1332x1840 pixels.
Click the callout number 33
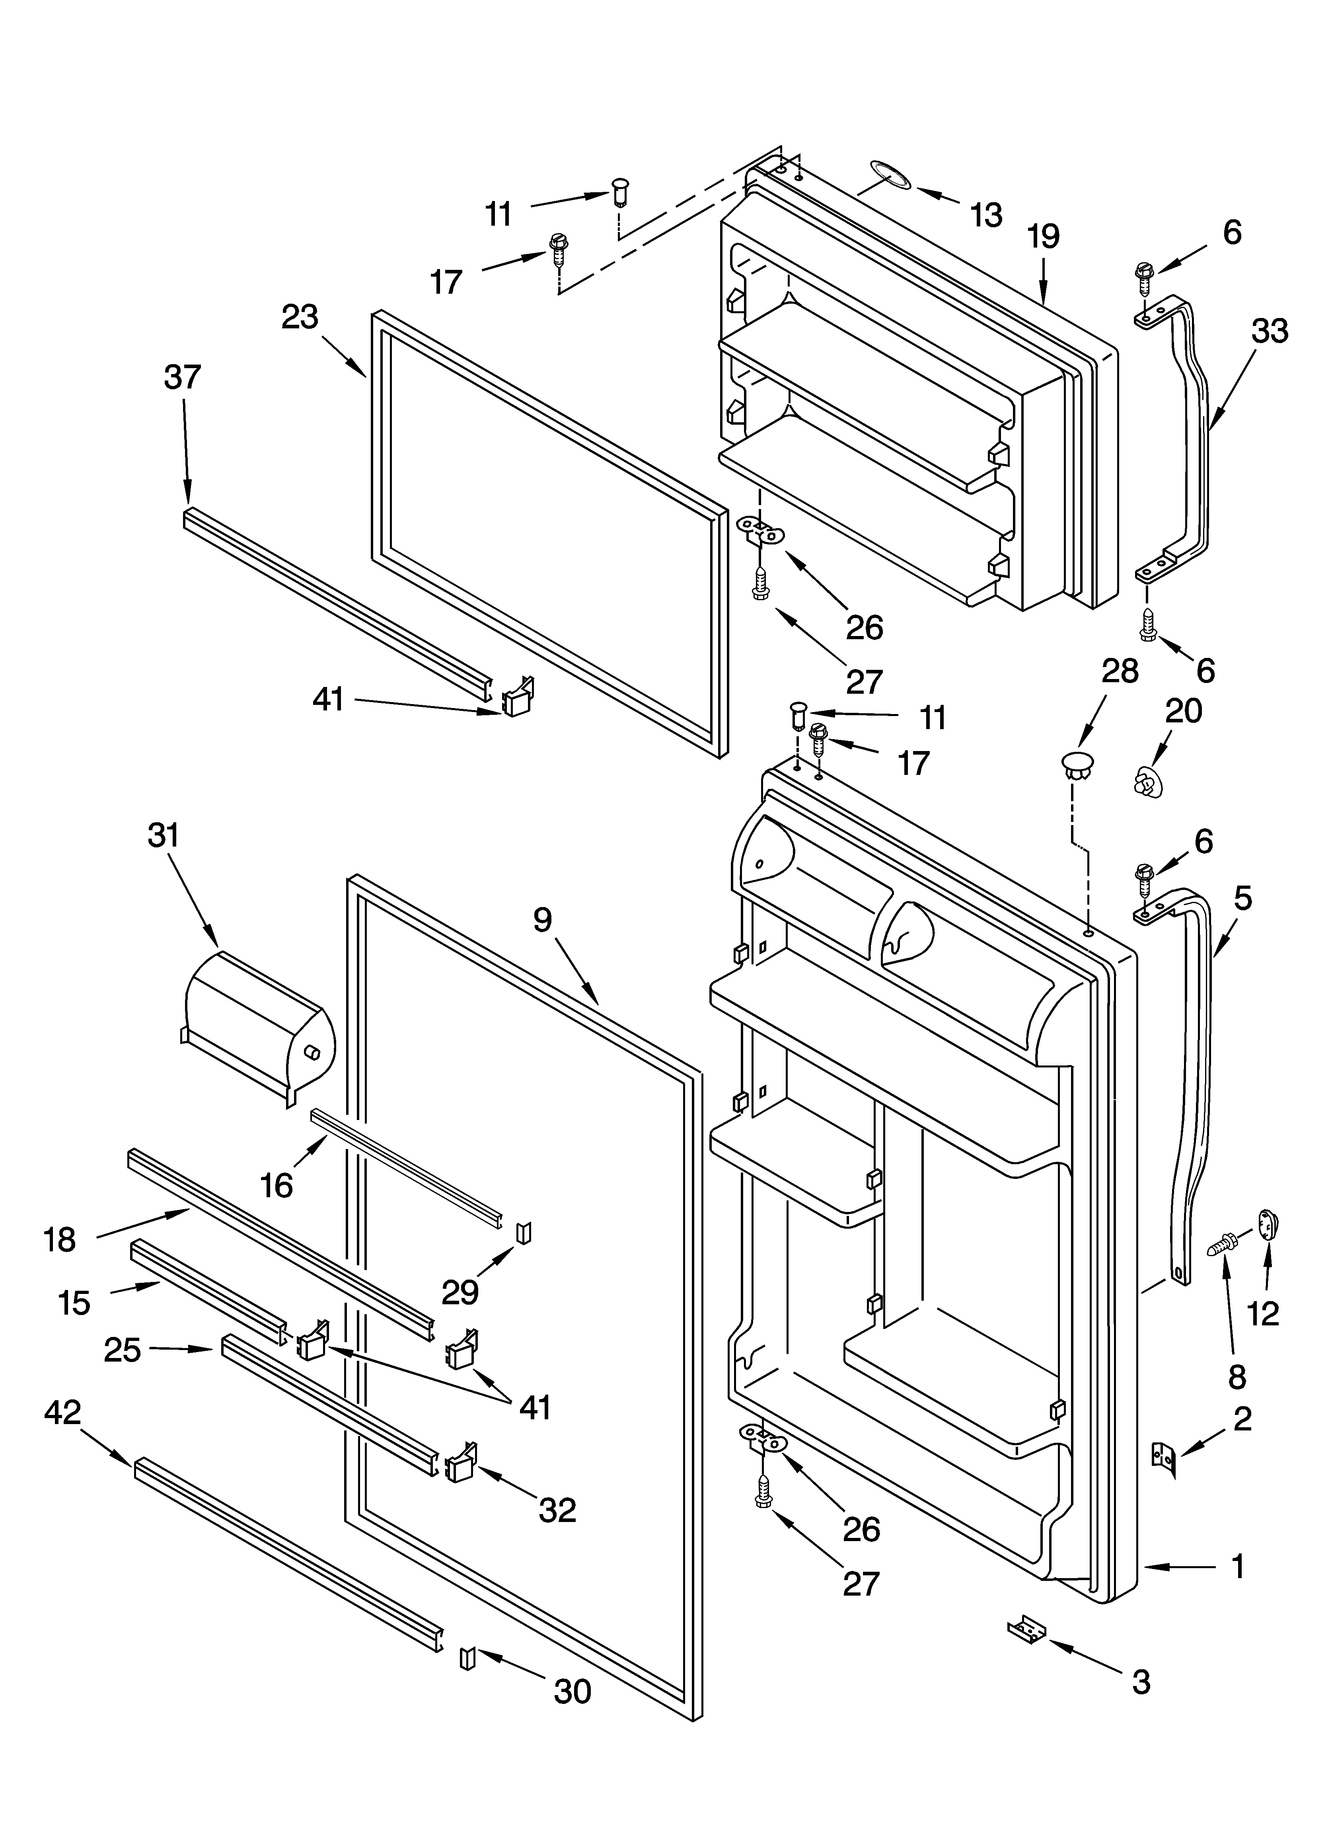pyautogui.click(x=1270, y=331)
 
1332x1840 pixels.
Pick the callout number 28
pyautogui.click(x=1120, y=672)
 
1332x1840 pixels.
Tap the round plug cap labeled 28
pyautogui.click(x=1076, y=764)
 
